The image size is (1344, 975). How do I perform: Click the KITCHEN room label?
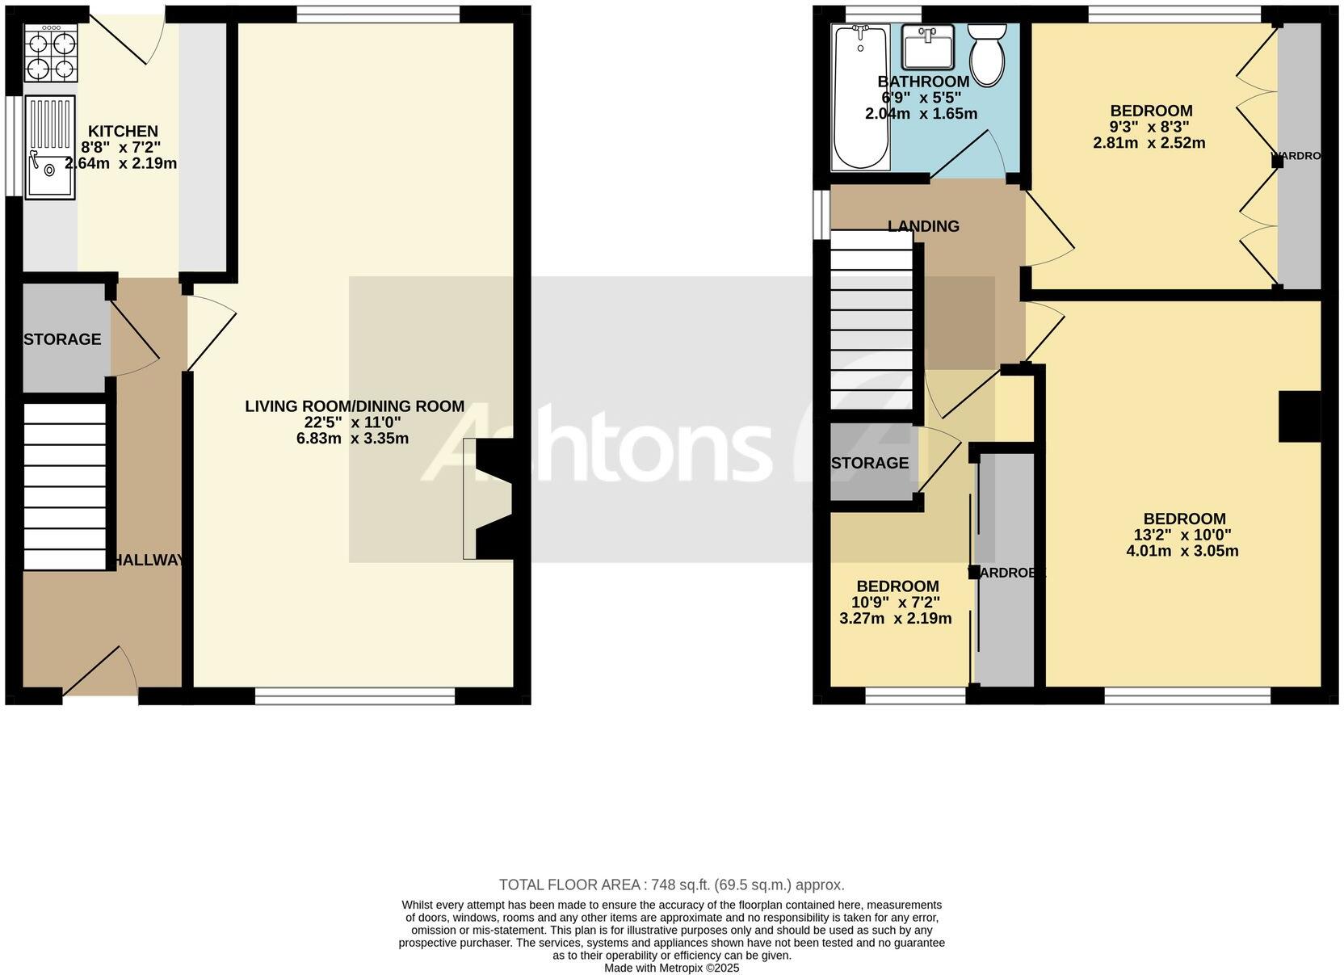[x=123, y=131]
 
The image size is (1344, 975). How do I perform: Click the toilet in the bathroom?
[x=986, y=55]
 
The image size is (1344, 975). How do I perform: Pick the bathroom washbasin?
[x=928, y=47]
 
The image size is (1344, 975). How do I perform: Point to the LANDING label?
[x=923, y=226]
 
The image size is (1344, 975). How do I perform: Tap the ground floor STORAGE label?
[x=62, y=339]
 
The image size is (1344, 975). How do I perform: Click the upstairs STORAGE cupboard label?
[x=870, y=463]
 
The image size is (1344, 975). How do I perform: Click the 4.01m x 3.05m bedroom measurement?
[x=1182, y=551]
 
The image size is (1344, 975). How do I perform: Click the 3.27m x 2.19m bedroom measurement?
[x=896, y=619]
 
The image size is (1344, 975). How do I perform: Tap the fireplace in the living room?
[x=493, y=498]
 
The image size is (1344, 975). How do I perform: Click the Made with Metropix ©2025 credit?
[x=671, y=967]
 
